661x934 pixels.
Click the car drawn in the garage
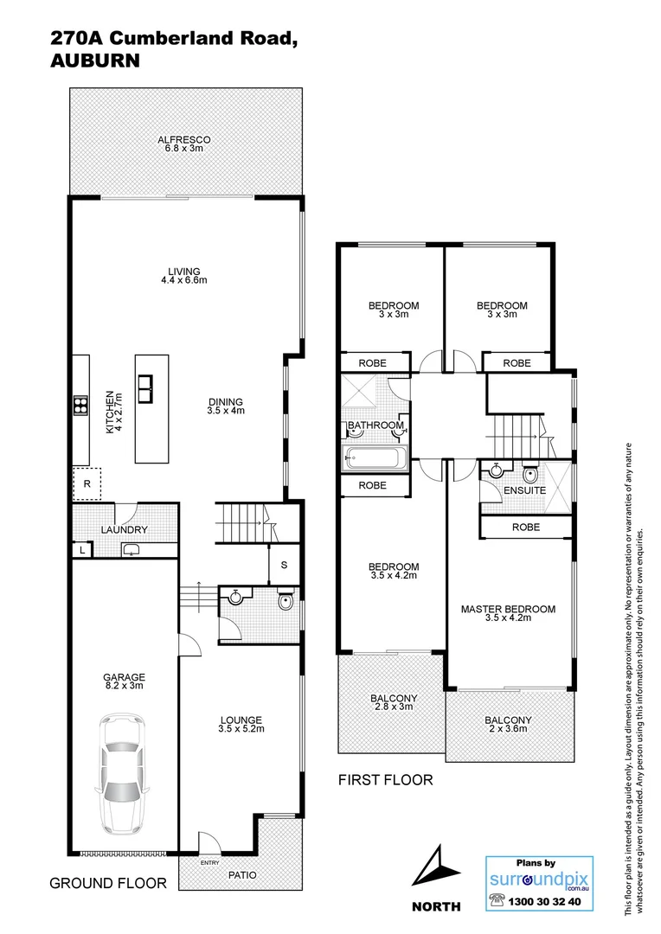123,771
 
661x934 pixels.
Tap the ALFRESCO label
183,144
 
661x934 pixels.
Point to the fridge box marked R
87,484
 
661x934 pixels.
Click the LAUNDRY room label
124,530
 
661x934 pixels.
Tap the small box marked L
81,550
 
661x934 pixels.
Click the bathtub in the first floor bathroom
374,458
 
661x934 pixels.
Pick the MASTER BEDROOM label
508,613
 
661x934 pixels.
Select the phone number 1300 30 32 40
547,901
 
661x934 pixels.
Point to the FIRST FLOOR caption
385,780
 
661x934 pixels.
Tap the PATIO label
241,875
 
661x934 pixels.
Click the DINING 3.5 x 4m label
226,406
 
